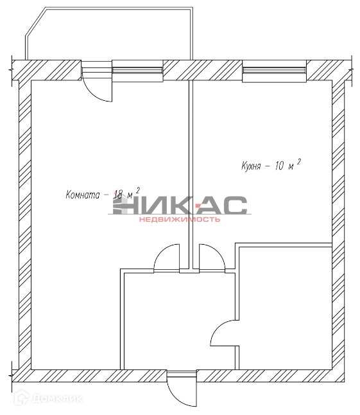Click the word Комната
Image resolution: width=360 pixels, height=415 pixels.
(x=83, y=195)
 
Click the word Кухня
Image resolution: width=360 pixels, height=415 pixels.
(x=251, y=166)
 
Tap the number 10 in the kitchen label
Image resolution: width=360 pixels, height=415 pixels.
(x=279, y=165)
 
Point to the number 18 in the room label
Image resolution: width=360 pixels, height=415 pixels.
(x=118, y=195)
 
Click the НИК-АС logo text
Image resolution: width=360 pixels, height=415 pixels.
(x=180, y=205)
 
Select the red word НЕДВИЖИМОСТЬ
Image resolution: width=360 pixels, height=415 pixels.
(x=180, y=219)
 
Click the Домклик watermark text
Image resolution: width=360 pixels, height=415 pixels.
(x=57, y=398)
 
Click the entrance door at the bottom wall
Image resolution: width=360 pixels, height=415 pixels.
(x=182, y=389)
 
